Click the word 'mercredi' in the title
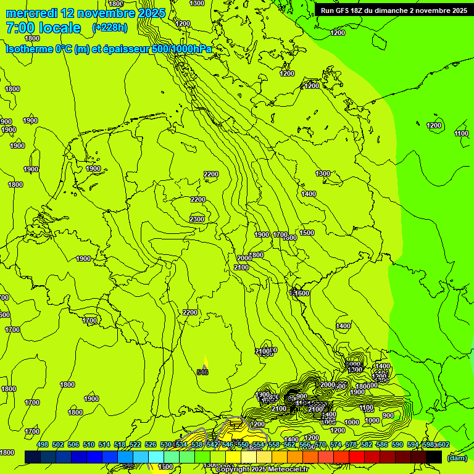click(x=32, y=13)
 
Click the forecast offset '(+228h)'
click(x=109, y=28)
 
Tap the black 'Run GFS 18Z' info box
click(x=393, y=10)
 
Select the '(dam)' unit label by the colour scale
click(x=457, y=457)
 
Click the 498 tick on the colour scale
click(x=43, y=445)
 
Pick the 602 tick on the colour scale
click(x=444, y=445)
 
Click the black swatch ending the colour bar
click(x=434, y=457)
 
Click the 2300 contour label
click(x=197, y=220)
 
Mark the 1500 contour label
click(x=307, y=233)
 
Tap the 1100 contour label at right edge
click(x=461, y=133)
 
